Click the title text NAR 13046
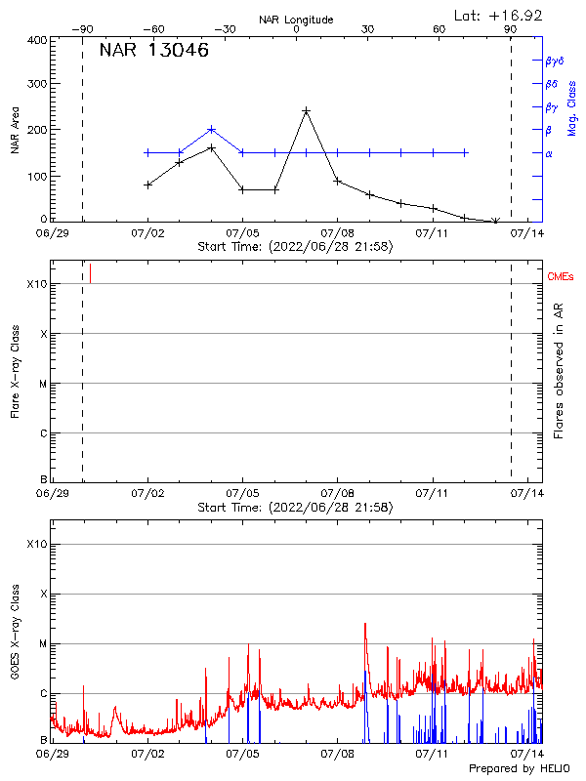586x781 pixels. (x=154, y=52)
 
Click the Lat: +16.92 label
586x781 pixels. (x=499, y=15)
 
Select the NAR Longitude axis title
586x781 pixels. (x=296, y=19)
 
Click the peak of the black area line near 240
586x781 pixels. (x=307, y=111)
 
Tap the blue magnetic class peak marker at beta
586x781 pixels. (x=211, y=129)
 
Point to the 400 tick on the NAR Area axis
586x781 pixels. (x=37, y=40)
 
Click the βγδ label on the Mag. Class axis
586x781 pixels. (x=556, y=61)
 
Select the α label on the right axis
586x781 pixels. (x=548, y=153)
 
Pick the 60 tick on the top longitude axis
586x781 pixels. (x=439, y=29)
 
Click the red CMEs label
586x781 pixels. (x=561, y=278)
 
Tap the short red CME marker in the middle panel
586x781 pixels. (x=90, y=272)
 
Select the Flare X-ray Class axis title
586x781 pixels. (x=15, y=371)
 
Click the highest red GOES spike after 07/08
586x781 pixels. (x=365, y=624)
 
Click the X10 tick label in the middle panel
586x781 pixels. (x=35, y=284)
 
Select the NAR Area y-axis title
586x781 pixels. (x=15, y=132)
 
